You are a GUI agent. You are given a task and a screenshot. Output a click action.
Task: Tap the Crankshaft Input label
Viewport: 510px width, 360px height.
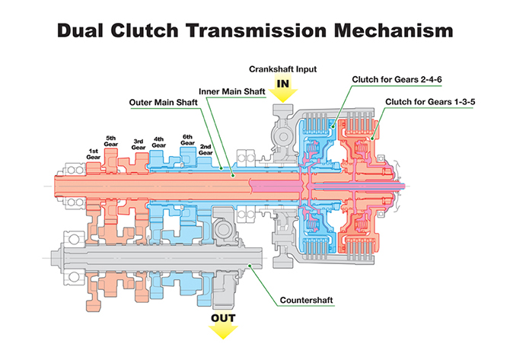point(283,69)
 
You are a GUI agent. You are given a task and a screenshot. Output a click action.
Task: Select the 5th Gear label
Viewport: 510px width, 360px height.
point(113,142)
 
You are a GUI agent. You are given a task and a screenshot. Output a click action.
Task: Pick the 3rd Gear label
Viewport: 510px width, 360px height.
point(139,145)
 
